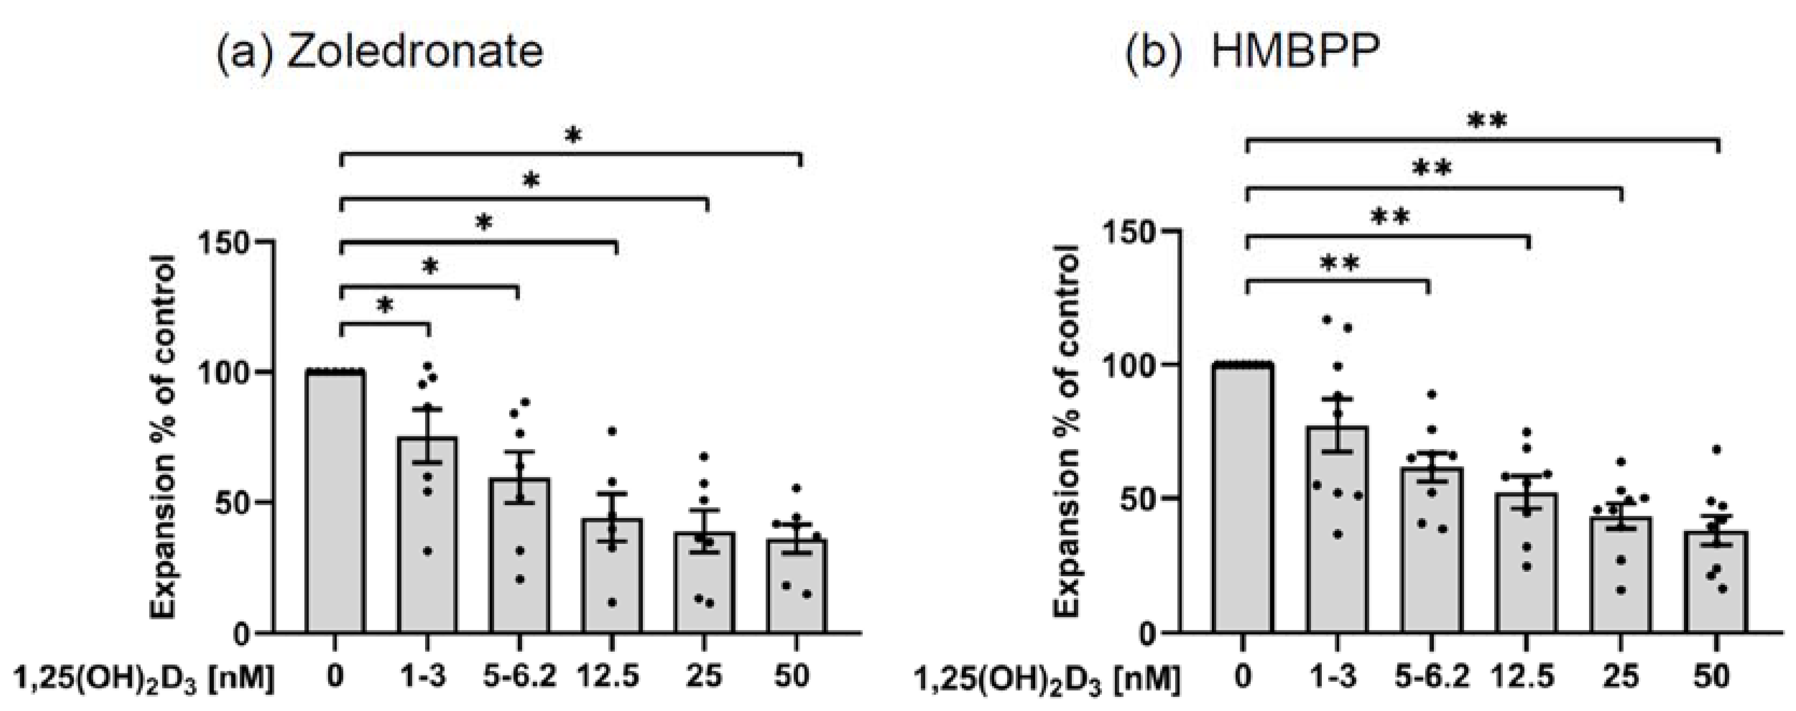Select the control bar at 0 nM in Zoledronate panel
point(335,502)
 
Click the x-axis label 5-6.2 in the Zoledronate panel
point(519,678)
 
